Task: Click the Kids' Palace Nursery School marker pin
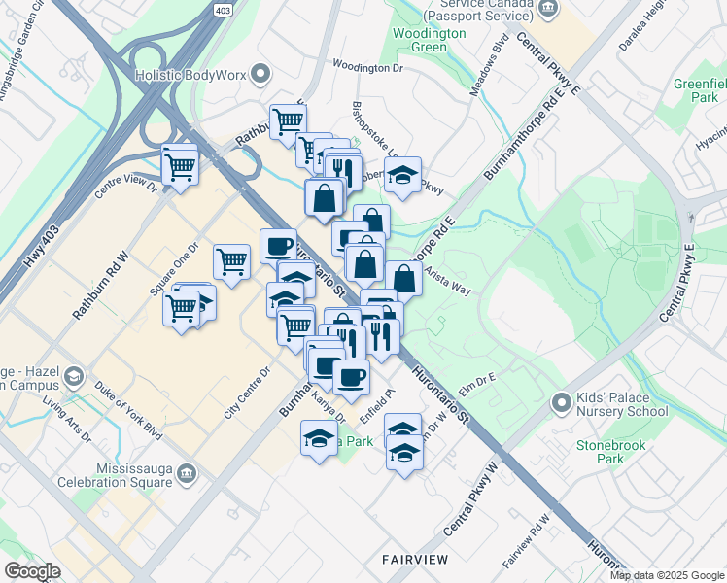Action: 560,402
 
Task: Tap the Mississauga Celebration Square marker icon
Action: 188,473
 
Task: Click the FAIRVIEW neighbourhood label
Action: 415,560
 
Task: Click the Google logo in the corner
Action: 33,570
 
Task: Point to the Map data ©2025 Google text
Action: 667,575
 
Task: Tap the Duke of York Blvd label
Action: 129,413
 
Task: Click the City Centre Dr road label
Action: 247,394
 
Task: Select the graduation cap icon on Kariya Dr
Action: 319,439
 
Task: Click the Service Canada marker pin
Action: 549,9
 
